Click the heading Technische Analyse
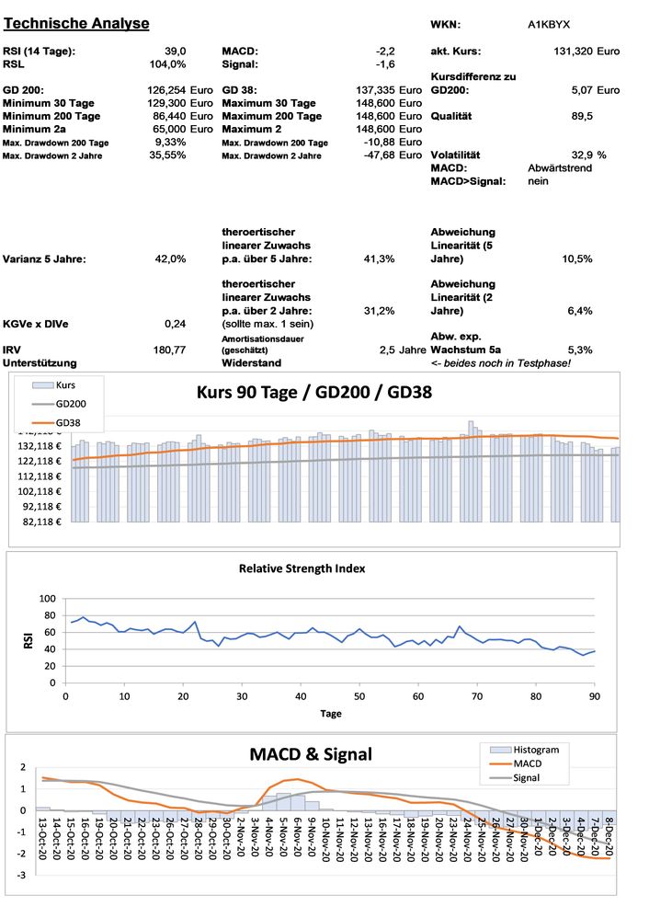coord(77,22)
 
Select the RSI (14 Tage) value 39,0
coord(176,52)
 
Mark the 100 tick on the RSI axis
coord(45,599)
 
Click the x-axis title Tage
coord(331,713)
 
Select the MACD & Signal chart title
coord(311,754)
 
